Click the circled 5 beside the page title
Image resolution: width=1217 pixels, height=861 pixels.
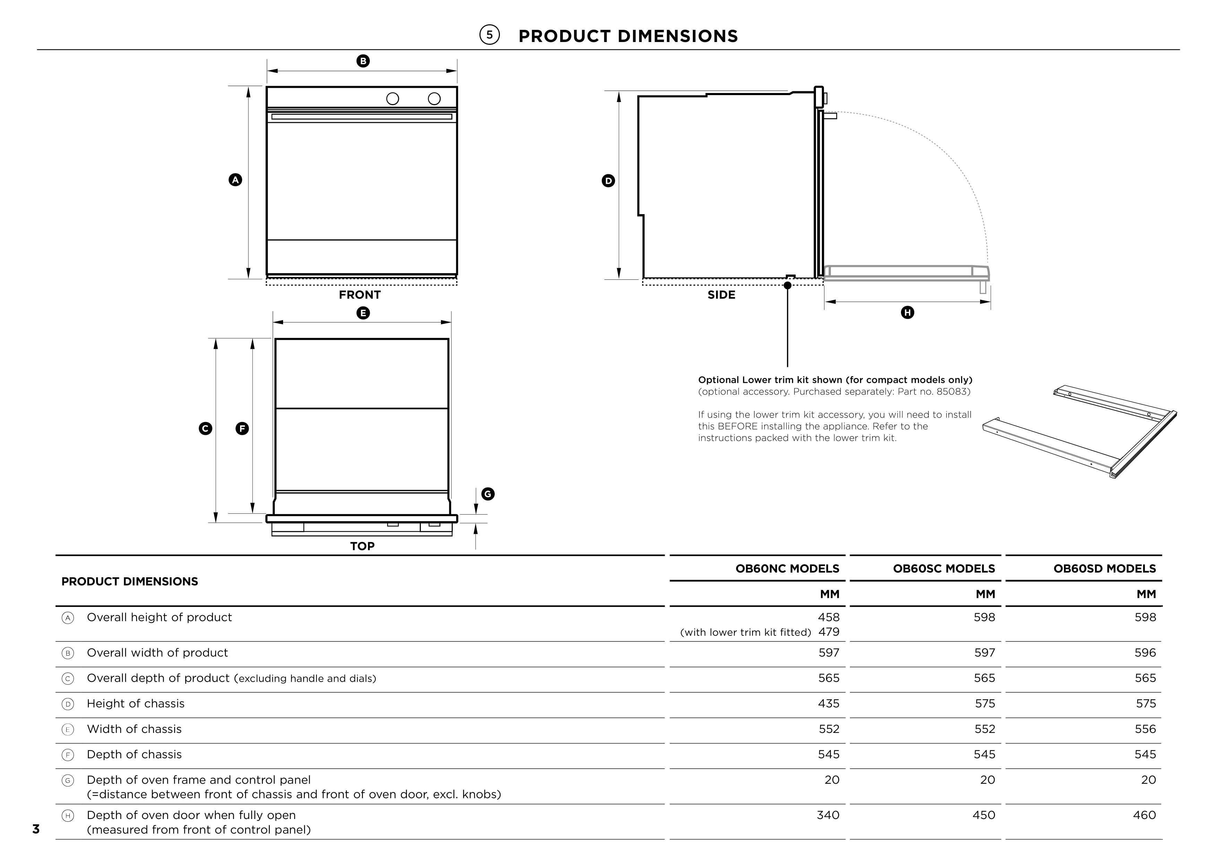click(489, 35)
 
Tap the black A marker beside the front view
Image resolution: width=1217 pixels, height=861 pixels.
click(235, 180)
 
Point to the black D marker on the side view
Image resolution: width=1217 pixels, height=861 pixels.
click(608, 181)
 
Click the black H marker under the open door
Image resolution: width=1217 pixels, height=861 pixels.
click(908, 312)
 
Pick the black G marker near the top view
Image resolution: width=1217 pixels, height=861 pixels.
click(488, 494)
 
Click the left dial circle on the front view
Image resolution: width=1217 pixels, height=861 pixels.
click(393, 99)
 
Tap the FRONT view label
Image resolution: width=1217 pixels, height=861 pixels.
click(360, 295)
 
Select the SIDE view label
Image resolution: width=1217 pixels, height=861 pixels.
click(721, 295)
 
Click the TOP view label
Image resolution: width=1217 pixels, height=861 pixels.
click(362, 546)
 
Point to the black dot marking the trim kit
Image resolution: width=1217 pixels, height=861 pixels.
click(788, 285)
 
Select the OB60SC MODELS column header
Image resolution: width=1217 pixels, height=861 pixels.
click(944, 568)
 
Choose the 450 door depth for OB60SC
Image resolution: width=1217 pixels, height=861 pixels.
click(984, 815)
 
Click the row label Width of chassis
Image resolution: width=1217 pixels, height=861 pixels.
click(134, 729)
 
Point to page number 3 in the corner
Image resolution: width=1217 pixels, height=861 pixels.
click(36, 829)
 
